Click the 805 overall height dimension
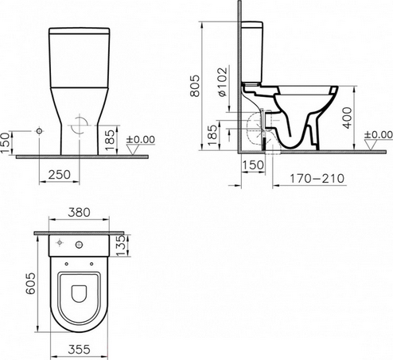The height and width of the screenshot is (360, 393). point(195,86)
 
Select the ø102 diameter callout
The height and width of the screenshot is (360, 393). point(222,82)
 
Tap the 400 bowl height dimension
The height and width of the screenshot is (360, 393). point(348,118)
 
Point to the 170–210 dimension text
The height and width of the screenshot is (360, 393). point(317,178)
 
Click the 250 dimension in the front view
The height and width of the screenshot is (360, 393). point(60,174)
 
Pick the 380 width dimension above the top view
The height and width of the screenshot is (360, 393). point(79,212)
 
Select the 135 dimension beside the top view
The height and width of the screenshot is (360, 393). point(121,246)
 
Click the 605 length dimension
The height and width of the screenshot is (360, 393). point(30,284)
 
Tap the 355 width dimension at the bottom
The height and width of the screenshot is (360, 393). point(79,350)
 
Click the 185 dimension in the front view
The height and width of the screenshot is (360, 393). point(110,140)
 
